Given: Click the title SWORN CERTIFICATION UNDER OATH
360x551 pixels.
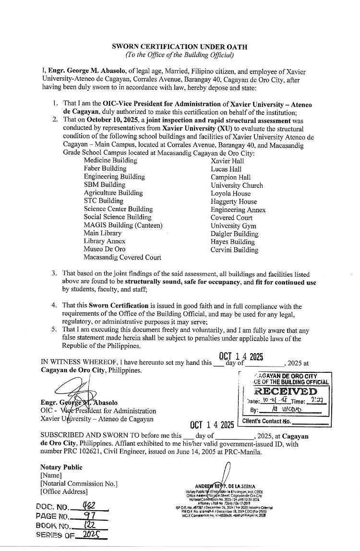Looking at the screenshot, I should click(179, 47).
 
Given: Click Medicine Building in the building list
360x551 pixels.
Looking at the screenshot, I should click(110, 160).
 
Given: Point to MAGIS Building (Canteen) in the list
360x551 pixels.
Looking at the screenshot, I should click(123, 225).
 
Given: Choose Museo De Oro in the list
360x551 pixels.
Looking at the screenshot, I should click(104, 249).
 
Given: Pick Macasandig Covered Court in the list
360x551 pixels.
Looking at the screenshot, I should click(122, 257).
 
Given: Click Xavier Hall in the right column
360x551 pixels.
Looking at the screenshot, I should click(227, 161).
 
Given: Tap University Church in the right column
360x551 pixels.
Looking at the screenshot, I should click(237, 185).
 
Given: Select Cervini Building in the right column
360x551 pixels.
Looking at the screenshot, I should click(234, 250).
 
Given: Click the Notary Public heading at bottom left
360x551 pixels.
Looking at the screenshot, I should click(61, 467).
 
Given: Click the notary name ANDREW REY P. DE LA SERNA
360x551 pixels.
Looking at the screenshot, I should click(226, 486).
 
